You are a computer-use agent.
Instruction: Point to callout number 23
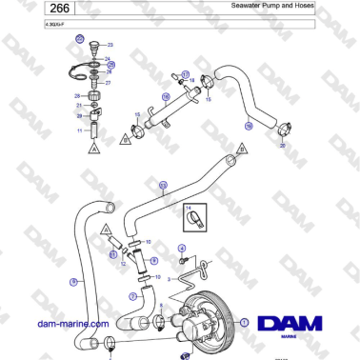[x=110, y=45]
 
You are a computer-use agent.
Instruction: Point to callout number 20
[x=281, y=146]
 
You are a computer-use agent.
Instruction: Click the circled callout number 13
[x=163, y=185]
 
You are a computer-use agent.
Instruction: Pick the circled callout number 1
[x=245, y=323]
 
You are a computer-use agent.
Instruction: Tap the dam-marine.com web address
[x=69, y=325]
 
